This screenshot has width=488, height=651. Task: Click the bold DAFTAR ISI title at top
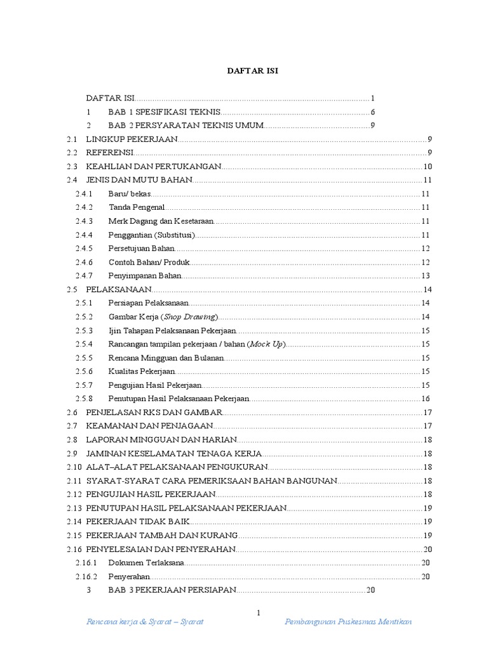pos(253,71)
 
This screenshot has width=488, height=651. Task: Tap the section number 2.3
pos(72,167)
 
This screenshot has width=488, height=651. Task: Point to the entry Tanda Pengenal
pos(137,207)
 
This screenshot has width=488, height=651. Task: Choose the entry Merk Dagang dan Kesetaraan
pos(161,221)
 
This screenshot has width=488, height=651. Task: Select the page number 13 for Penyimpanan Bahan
pos(426,276)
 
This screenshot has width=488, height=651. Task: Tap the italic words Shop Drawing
pos(190,317)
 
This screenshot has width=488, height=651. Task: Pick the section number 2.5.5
pos(84,358)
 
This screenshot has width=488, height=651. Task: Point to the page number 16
pos(426,399)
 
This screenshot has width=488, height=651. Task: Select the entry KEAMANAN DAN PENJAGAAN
pos(149,426)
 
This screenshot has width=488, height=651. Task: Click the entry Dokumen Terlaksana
pos(147,563)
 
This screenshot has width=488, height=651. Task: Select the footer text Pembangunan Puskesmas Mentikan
pos(348,622)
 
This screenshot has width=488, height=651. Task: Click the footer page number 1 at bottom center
pos(259,613)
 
